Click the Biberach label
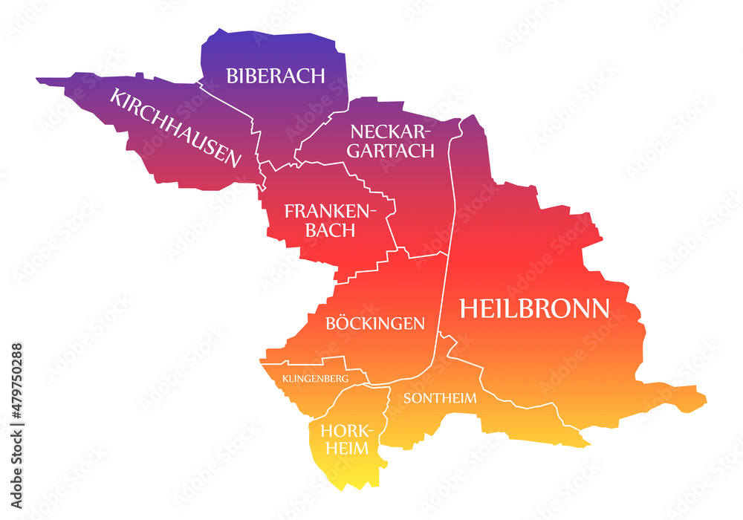(276, 75)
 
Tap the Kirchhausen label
(175, 127)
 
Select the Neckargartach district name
(392, 141)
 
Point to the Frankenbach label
(326, 221)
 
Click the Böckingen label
(375, 323)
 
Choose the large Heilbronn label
(534, 308)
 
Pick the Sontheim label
(440, 397)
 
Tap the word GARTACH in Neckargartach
(392, 151)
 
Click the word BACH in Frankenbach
(328, 230)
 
